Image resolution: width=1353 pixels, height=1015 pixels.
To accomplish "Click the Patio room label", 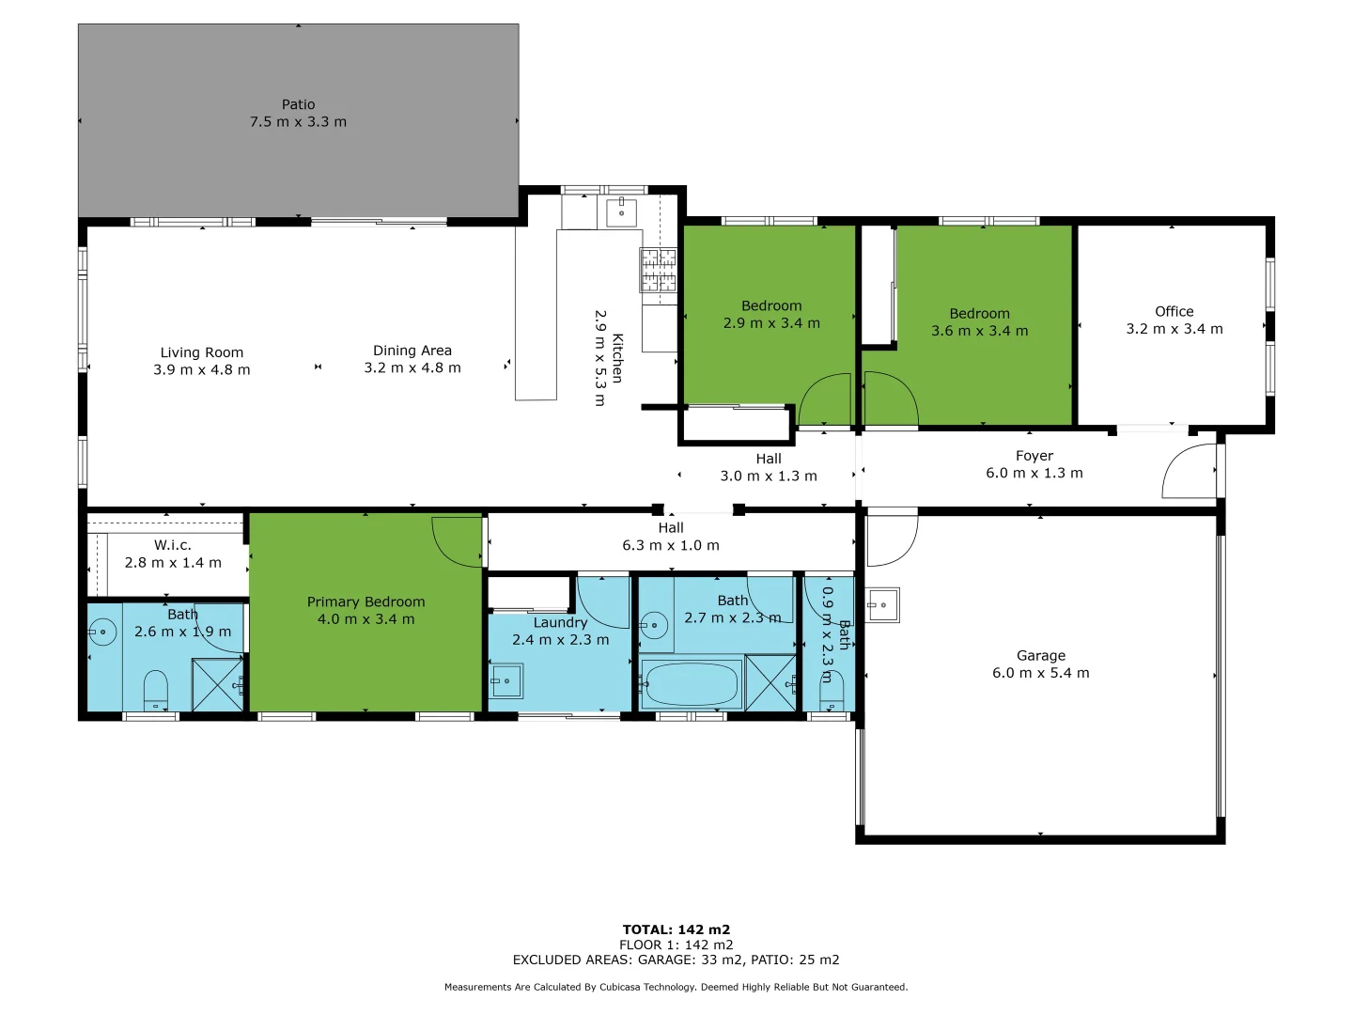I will pos(298,104).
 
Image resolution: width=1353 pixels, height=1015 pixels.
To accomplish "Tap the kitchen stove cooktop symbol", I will pos(659,270).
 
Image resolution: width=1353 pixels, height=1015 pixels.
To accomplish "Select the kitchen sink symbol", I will pos(621,212).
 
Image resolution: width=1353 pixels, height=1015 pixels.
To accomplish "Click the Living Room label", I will pos(201,352).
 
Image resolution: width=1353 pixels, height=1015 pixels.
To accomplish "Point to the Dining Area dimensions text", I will pos(412,367).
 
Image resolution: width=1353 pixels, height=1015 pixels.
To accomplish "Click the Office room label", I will pos(1174,311).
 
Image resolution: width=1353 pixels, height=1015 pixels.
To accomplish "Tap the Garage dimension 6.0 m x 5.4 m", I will pos(1040,673).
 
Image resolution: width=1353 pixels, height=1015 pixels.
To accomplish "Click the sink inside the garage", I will pos(881,605).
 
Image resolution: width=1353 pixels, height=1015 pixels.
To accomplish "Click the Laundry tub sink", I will pos(506,680).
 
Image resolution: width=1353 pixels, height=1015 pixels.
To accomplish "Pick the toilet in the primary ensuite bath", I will pos(155,689).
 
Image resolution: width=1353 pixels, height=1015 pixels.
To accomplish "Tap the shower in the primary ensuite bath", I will pos(217,685).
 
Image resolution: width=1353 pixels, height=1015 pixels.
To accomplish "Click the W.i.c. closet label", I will pos(173,545).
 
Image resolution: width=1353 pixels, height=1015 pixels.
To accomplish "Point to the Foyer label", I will pos(1034,456).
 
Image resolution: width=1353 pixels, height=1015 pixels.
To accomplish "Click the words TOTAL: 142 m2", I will pos(676,929).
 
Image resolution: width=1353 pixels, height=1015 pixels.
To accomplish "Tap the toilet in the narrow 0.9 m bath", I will pos(831,694).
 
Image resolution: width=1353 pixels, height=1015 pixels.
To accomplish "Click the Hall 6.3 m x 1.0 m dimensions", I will pos(670,545).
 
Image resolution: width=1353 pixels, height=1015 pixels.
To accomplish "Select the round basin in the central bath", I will pos(654,623).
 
